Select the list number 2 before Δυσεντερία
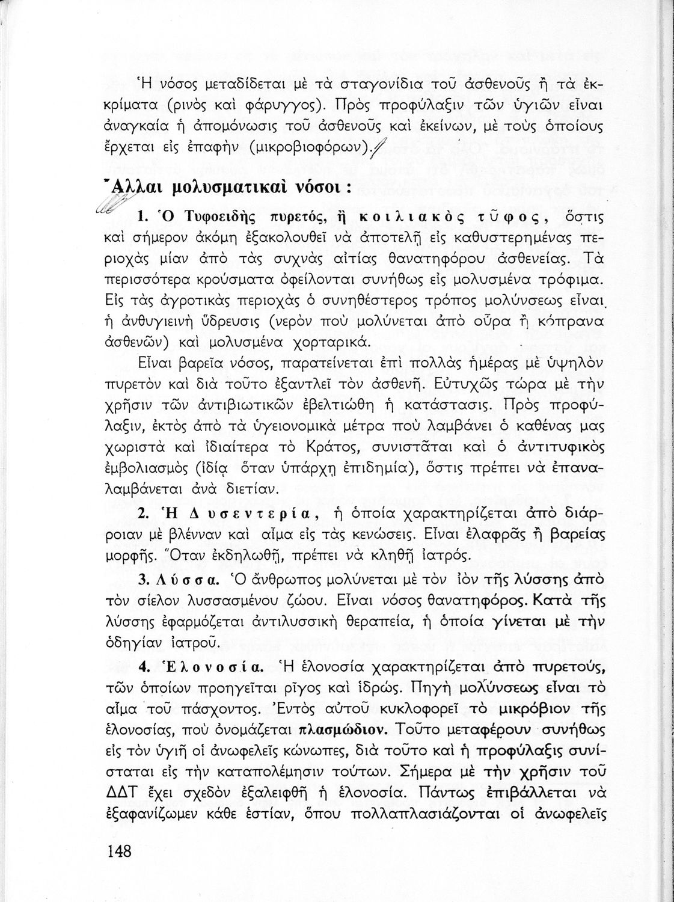tap(142, 514)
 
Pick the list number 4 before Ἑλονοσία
tap(142, 667)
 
